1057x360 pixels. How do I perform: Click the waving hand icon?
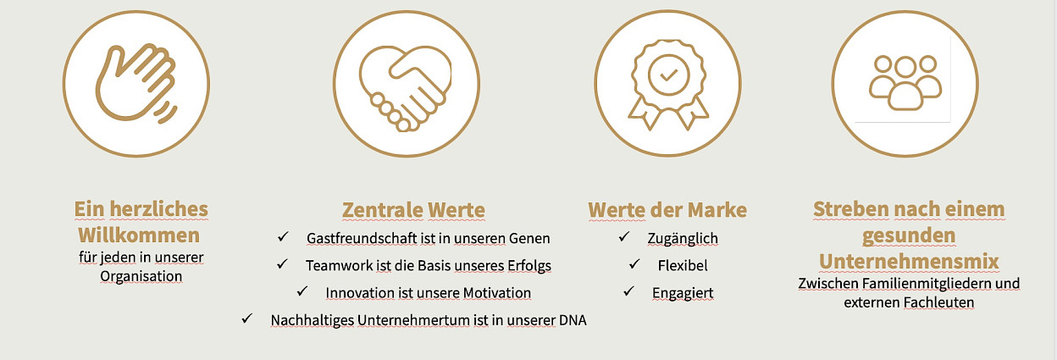[x=136, y=83]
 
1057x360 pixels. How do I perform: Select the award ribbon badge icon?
[x=668, y=85]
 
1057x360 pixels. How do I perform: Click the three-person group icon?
[x=905, y=83]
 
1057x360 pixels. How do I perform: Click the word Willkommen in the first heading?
[x=139, y=235]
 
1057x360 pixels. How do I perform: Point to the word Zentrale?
[x=382, y=210]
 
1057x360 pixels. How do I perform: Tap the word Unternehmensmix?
[x=909, y=262]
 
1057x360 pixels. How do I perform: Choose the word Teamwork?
[x=340, y=266]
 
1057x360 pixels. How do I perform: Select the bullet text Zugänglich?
[x=683, y=239]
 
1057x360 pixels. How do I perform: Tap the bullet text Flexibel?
[x=683, y=266]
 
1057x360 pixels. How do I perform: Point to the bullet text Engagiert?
[x=683, y=293]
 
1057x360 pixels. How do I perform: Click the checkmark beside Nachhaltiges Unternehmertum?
[x=246, y=318]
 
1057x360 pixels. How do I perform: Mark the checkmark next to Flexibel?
[x=634, y=263]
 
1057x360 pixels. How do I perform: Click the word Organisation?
[x=141, y=276]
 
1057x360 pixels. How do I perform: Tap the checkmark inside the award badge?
[x=668, y=75]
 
